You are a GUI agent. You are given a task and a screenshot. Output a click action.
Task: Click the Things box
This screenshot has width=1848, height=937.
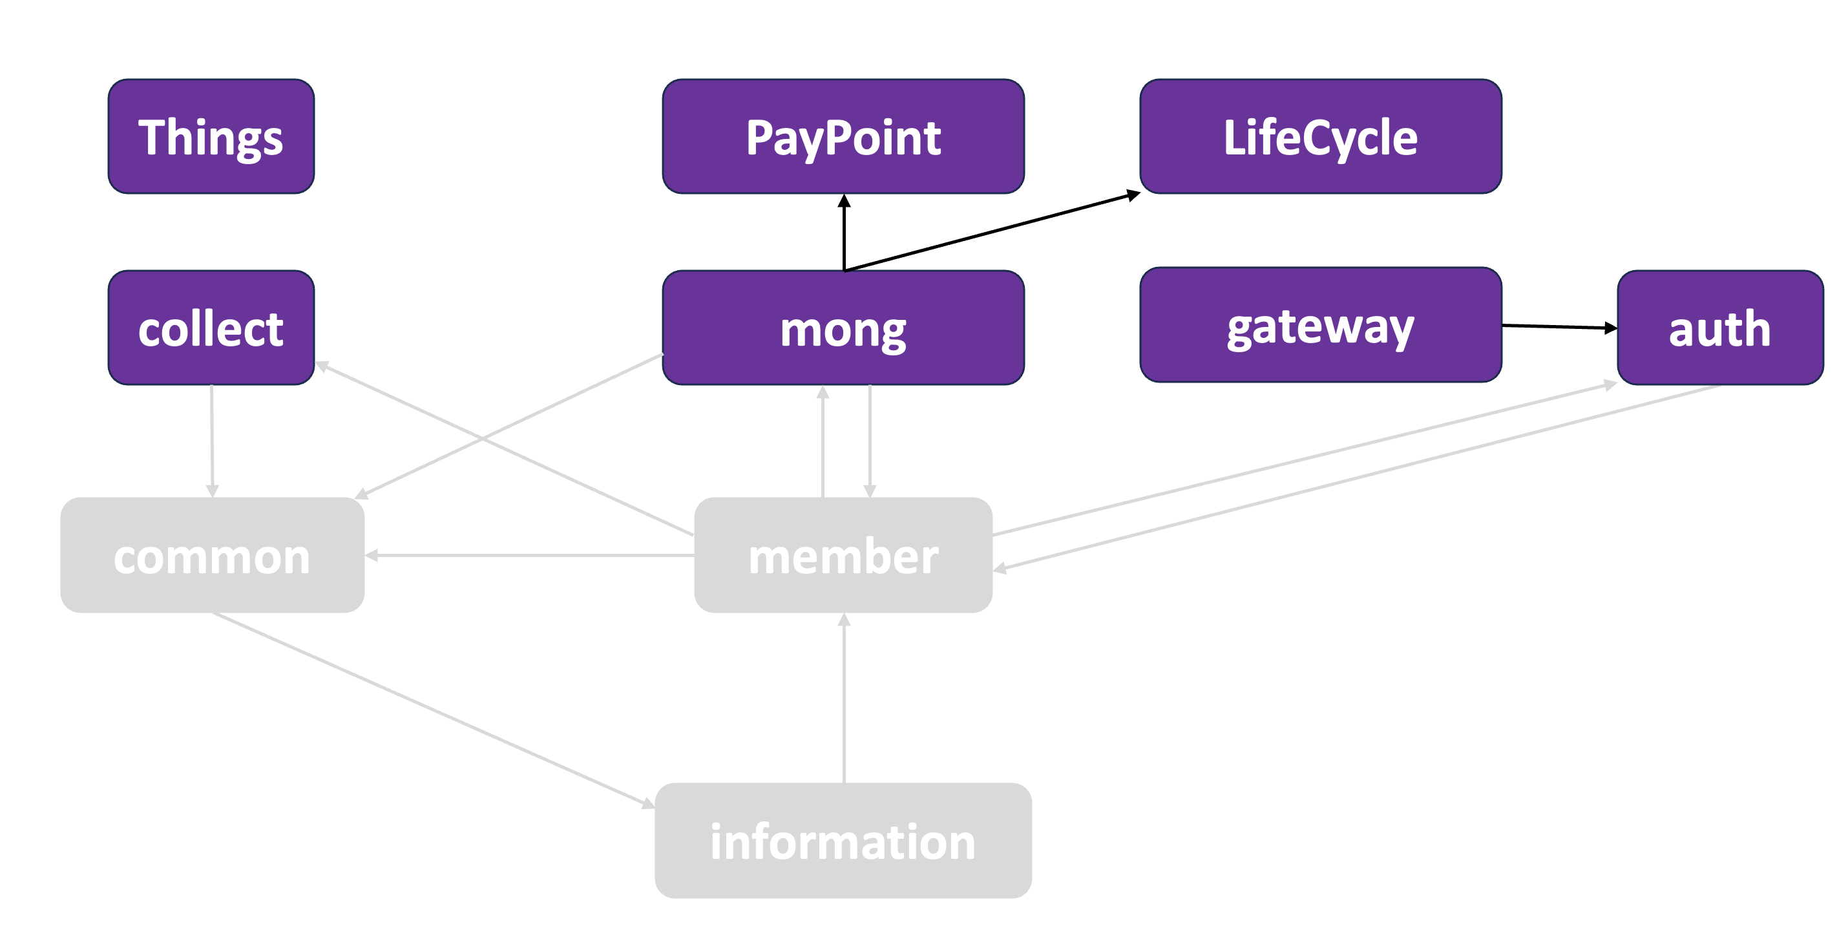coord(211,136)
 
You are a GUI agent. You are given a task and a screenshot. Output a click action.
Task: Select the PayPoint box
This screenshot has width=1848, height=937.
coord(843,136)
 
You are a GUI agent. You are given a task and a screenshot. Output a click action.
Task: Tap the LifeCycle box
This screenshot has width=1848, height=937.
coord(1320,136)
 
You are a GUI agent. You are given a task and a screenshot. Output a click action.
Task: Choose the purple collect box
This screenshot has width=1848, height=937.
coord(211,328)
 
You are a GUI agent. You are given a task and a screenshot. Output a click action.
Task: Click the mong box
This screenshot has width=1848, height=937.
coord(843,328)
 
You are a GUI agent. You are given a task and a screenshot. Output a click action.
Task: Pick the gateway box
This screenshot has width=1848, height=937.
coord(1320,325)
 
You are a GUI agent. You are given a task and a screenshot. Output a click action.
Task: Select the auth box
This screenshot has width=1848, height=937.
coord(1719,328)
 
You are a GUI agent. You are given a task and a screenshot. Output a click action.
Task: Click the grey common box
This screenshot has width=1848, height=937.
coord(213,554)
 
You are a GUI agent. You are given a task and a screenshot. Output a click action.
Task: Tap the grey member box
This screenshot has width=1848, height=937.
coord(843,554)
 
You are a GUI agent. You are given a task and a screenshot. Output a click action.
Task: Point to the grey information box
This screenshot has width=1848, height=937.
coord(843,840)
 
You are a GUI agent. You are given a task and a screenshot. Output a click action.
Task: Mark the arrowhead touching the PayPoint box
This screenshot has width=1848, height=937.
coord(845,201)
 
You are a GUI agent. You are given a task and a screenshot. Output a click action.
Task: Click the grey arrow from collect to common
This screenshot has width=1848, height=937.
coord(212,441)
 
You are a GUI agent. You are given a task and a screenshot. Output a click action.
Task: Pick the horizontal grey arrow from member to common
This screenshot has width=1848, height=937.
coord(531,555)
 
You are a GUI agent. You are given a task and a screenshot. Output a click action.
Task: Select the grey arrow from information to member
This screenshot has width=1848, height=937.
coord(845,700)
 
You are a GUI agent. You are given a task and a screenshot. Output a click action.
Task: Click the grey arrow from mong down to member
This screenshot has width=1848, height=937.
coord(870,441)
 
